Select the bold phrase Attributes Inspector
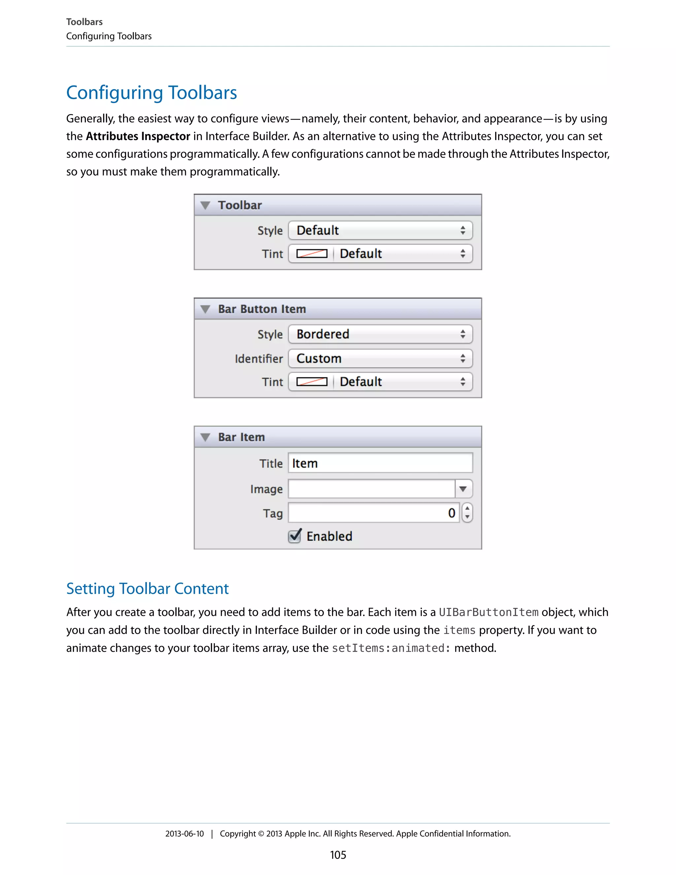coord(138,136)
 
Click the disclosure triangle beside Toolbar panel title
coord(205,205)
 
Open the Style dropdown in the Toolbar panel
coord(380,230)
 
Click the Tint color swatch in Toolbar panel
coord(312,254)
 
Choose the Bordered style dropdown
coord(380,334)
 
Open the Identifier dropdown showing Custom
coord(380,358)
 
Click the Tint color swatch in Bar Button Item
coord(312,382)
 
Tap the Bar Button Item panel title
coord(262,309)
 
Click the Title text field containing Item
coord(380,463)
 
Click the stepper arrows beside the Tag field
coord(467,513)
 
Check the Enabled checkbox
coord(295,536)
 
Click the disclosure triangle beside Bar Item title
coord(205,437)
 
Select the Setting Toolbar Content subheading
coord(147,588)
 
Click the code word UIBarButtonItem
coord(488,612)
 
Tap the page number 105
coord(338,855)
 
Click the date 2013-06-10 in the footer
coord(184,834)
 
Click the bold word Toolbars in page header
coord(84,22)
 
